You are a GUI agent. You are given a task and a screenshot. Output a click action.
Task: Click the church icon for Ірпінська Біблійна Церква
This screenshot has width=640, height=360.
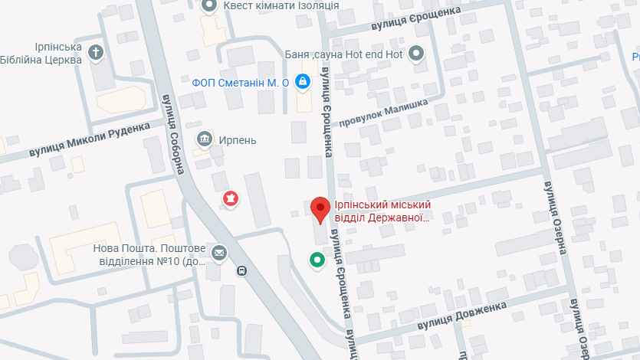[x=95, y=53]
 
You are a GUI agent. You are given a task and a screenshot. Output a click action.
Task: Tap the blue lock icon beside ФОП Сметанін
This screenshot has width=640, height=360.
[x=304, y=80]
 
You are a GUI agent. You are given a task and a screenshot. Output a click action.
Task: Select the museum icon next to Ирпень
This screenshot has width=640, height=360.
[x=205, y=139]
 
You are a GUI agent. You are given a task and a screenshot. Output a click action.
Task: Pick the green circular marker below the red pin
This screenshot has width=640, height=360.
[x=317, y=260]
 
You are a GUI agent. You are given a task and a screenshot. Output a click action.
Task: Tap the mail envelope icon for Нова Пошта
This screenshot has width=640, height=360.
[x=220, y=253]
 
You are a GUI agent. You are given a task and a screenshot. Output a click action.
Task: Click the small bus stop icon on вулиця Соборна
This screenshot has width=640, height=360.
[x=241, y=270]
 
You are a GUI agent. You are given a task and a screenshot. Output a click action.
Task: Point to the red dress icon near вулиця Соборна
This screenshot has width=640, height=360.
[x=230, y=199]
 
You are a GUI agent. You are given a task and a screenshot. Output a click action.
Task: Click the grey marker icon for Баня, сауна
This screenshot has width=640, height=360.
[x=416, y=54]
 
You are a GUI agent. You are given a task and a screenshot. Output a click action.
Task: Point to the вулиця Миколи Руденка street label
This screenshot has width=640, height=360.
[x=90, y=141]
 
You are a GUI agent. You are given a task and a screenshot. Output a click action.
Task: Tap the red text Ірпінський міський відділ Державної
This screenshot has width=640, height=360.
[x=381, y=211]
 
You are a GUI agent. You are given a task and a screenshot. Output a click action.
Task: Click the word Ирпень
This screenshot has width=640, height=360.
[x=237, y=140]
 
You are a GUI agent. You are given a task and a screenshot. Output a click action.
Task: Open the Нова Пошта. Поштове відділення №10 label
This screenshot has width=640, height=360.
[x=149, y=254]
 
